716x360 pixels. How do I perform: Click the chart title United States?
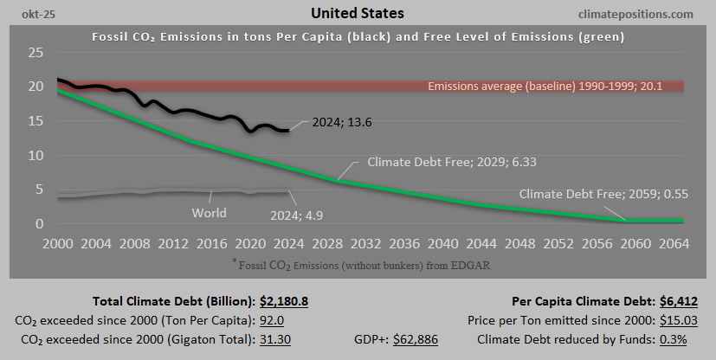pyautogui.click(x=358, y=14)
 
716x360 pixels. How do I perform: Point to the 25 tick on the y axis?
pyautogui.click(x=35, y=53)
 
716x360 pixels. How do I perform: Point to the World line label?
pyautogui.click(x=210, y=213)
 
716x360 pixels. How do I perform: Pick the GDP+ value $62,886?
pyautogui.click(x=416, y=339)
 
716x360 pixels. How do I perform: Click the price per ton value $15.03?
pyautogui.click(x=678, y=321)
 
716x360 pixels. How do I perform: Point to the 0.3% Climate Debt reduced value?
pyautogui.click(x=673, y=339)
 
